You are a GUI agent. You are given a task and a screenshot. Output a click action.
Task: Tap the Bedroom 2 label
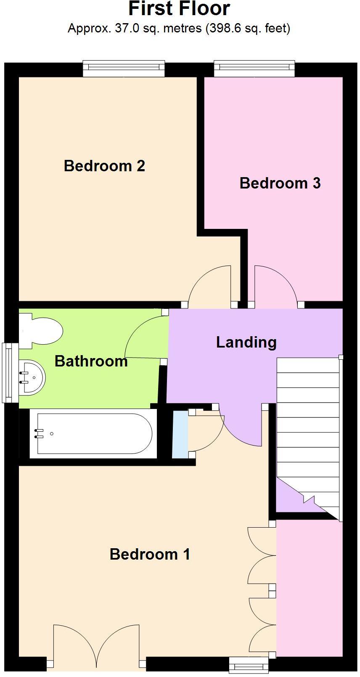tap(104, 166)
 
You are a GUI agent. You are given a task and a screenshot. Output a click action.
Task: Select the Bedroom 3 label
tap(280, 183)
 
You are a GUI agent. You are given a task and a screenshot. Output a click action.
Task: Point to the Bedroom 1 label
tap(150, 554)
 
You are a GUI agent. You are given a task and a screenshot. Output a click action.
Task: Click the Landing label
tap(246, 342)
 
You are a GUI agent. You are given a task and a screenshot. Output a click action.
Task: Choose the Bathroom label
tap(91, 361)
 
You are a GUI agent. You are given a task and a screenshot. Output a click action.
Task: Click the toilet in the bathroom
tap(40, 331)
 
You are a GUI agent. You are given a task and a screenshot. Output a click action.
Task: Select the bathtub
tap(93, 433)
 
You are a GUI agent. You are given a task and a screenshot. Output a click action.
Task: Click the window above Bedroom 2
tap(124, 69)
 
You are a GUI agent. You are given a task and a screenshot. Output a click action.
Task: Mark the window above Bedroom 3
tap(254, 69)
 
